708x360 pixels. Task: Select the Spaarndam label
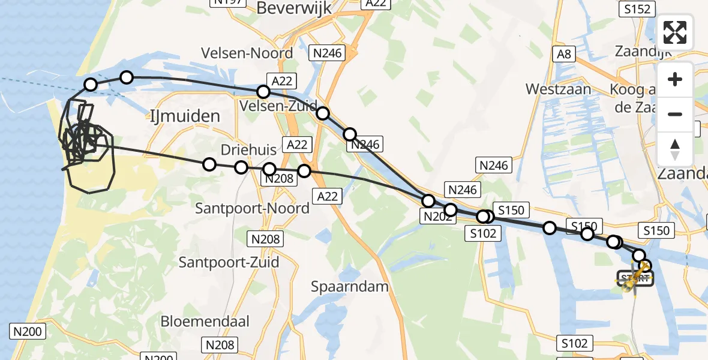pos(349,286)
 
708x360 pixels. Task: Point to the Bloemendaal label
pos(205,321)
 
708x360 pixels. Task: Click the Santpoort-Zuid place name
pos(221,262)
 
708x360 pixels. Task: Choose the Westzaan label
pos(558,89)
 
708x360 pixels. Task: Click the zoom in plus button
pos(675,80)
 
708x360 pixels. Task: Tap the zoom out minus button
pos(675,114)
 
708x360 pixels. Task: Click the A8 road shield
pos(564,55)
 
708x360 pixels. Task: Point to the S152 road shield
pos(637,8)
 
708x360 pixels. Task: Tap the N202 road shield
pos(437,217)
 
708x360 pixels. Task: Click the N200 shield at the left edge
pos(26,331)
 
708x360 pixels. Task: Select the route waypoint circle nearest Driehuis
pos(241,167)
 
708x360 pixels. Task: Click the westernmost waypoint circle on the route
pos(91,85)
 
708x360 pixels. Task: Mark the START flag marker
pos(635,278)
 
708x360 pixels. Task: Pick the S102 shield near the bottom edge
pos(574,343)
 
